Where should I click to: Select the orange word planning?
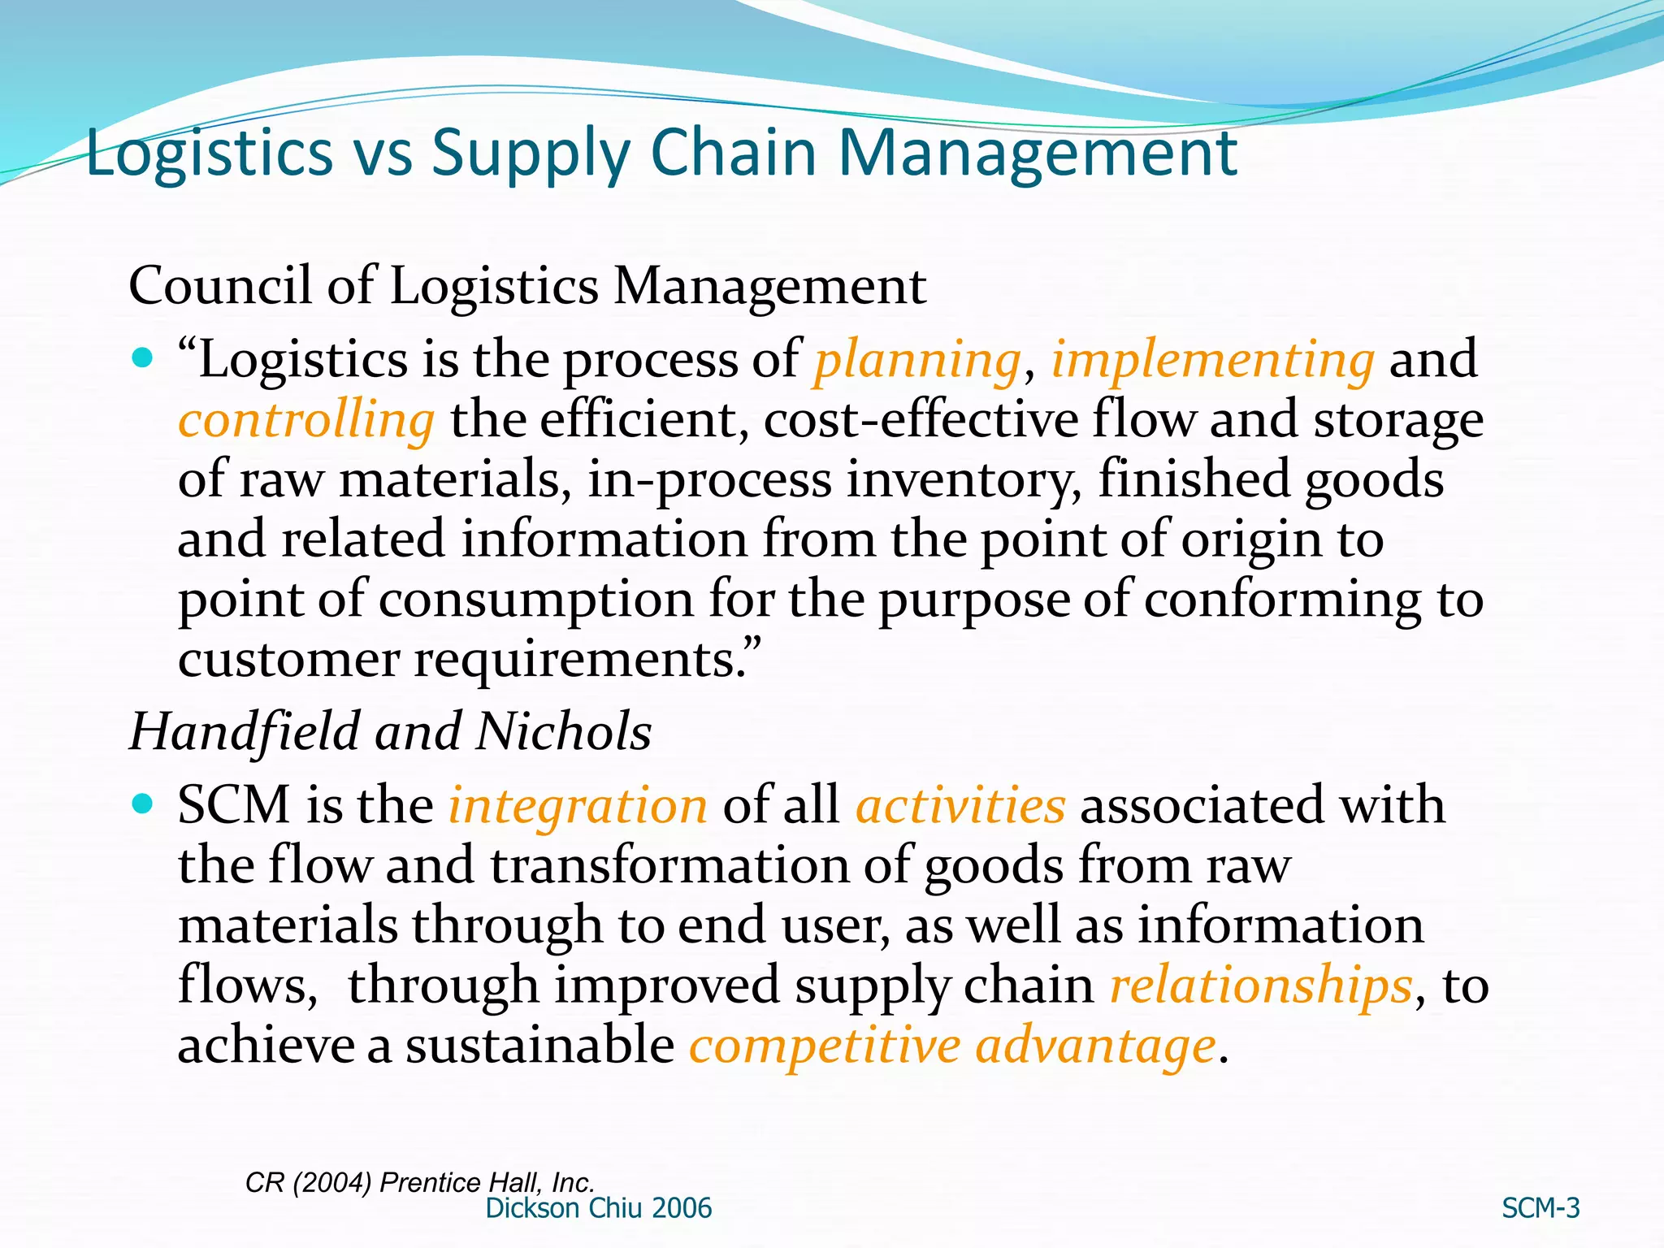917,360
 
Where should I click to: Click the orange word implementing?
1212,360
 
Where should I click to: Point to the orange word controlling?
306,420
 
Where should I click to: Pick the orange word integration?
578,806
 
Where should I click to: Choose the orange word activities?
960,805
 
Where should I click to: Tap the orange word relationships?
1261,986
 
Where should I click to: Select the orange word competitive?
825,1046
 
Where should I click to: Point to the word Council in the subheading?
220,286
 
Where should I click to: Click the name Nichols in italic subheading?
563,731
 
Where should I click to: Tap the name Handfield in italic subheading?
245,731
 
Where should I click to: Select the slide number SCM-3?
1540,1208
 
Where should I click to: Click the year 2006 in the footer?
681,1208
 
